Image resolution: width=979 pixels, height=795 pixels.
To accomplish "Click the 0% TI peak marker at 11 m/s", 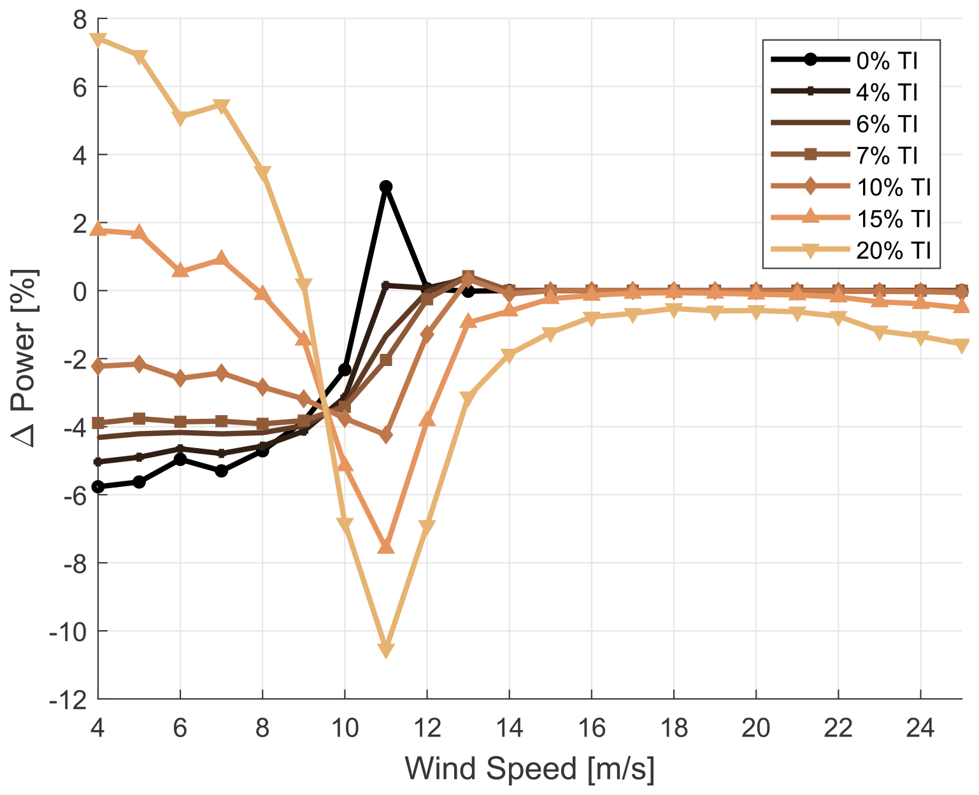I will click(385, 186).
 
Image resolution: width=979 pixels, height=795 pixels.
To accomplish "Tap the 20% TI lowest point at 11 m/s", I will click(385, 649).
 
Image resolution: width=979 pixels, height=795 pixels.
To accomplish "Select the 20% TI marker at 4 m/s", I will click(98, 39).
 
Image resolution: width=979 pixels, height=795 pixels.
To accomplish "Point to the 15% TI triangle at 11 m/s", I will click(385, 547).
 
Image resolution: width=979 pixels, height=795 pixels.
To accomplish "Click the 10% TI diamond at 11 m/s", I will click(385, 435).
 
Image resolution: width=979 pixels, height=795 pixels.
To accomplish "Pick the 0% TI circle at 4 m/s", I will click(98, 487).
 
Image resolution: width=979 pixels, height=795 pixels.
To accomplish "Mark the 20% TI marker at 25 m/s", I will click(961, 344).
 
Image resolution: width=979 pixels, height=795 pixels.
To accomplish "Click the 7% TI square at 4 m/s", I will click(98, 423).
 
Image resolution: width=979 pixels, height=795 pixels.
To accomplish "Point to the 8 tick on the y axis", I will click(80, 20).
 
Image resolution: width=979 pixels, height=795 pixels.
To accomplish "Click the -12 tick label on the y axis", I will click(71, 700).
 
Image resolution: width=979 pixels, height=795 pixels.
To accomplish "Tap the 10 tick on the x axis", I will click(345, 727).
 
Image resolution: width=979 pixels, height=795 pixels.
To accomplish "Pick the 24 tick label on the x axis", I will click(920, 727).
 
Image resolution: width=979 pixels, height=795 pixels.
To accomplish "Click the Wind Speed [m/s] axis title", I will click(529, 769).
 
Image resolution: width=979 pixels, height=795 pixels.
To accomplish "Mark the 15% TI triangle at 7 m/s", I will click(221, 258).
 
